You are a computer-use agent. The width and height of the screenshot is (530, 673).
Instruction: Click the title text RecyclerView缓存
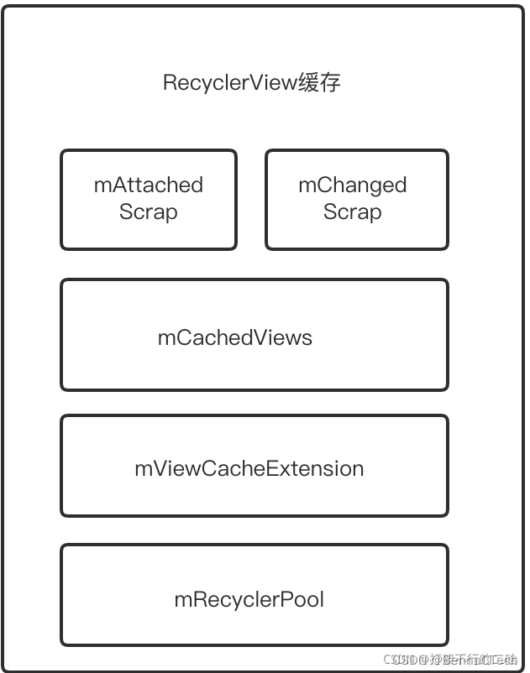(252, 83)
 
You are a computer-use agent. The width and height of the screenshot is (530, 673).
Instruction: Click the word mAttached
(149, 185)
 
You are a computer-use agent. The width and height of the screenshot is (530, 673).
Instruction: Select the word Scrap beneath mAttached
(149, 211)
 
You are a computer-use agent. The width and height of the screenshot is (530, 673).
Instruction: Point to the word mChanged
(353, 185)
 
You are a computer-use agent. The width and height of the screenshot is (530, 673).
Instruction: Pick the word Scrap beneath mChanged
(353, 211)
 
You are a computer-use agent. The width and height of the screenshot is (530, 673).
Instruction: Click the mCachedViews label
(235, 337)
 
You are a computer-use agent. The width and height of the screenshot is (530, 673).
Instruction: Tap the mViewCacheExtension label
(249, 468)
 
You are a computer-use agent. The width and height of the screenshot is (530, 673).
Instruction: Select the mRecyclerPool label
(249, 599)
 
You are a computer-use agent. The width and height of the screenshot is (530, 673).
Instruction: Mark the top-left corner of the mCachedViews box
(62, 281)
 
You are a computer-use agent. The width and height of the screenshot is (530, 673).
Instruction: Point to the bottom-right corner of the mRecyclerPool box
(447, 644)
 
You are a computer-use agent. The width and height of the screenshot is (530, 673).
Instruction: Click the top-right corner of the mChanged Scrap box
(447, 152)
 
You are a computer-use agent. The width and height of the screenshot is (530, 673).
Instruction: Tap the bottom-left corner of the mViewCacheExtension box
(62, 514)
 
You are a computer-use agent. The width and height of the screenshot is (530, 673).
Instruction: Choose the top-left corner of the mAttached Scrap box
(62, 152)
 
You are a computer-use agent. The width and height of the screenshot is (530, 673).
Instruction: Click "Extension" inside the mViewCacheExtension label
(315, 468)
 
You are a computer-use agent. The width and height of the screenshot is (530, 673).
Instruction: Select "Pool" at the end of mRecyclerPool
(305, 599)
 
